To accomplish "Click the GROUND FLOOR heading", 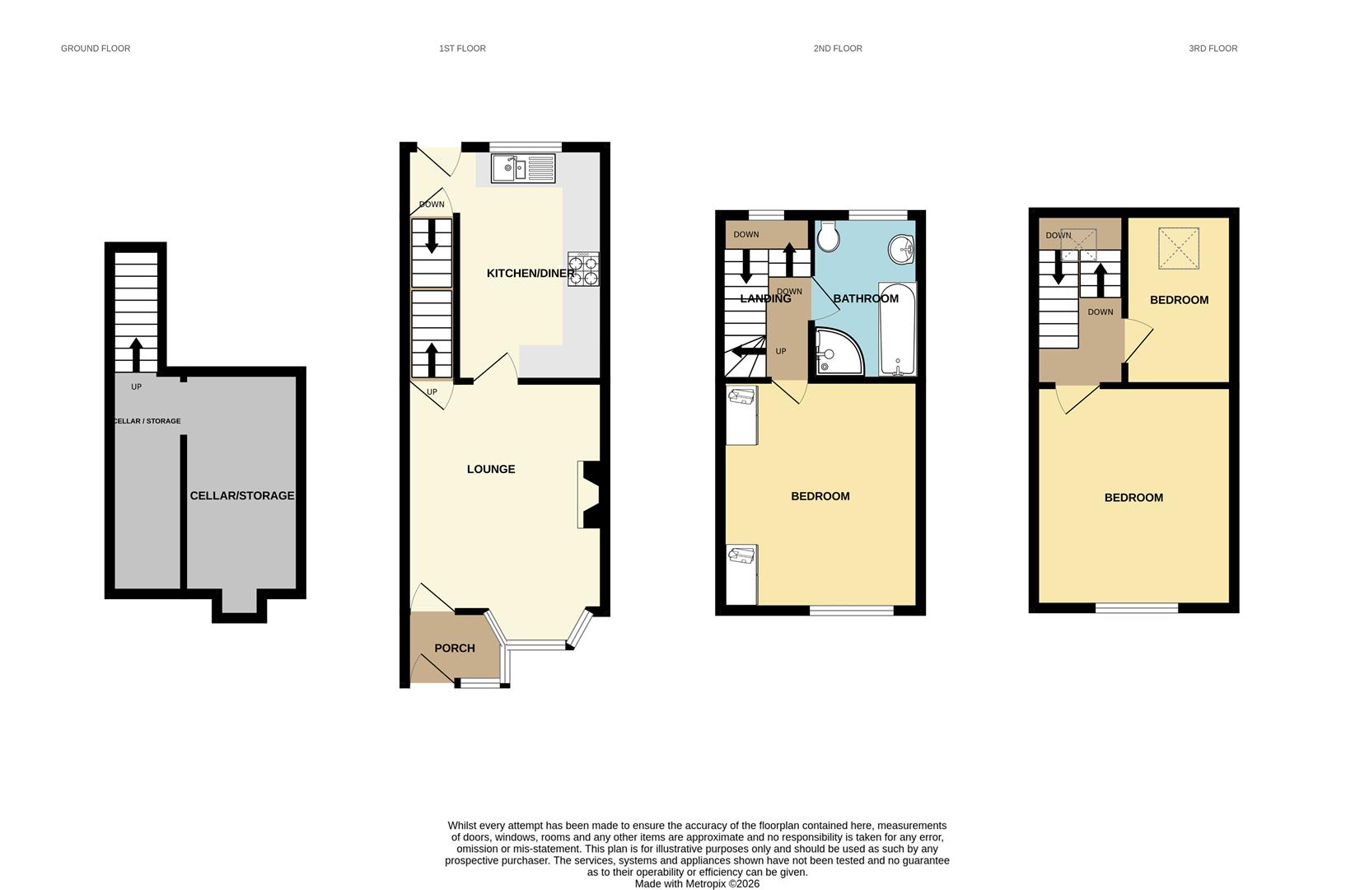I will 96,49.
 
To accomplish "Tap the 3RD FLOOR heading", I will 1213,49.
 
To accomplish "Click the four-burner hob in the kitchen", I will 583,269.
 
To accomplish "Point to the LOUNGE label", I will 491,470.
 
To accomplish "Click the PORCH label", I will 455,649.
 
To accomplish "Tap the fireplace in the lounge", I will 591,494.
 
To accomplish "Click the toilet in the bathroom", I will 829,236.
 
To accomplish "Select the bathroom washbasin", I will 903,248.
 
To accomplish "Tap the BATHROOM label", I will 866,298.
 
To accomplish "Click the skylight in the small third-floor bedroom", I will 1179,248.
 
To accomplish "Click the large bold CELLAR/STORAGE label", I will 242,496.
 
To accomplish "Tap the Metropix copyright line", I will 697,883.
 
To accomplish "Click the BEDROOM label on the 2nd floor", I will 820,496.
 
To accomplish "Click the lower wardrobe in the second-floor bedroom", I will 741,574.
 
